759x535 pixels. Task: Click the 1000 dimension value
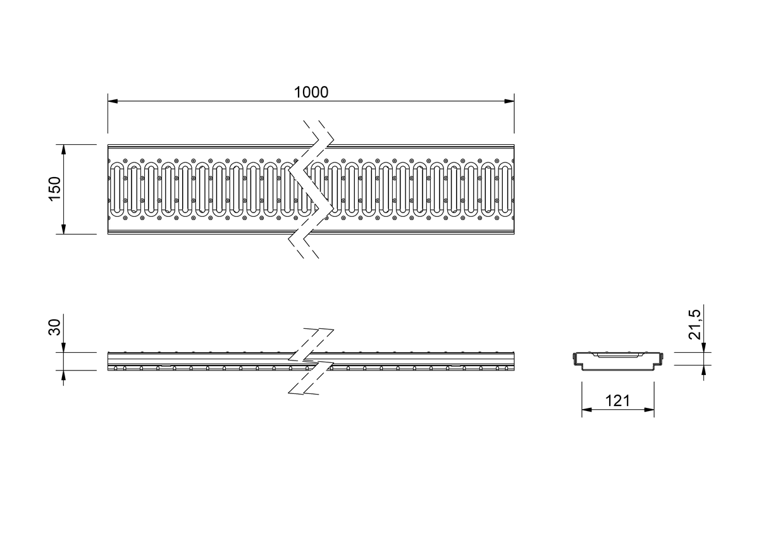coord(311,92)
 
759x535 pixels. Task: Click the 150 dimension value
coord(55,189)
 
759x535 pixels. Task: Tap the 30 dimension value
coord(55,327)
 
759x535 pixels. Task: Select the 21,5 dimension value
coord(694,324)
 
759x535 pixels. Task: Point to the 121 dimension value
coord(618,401)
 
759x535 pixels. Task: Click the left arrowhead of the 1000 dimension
coord(113,101)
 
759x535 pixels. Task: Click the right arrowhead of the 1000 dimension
coord(509,101)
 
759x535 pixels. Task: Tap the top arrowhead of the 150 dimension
coord(63,150)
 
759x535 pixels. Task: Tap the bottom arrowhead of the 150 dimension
coord(63,229)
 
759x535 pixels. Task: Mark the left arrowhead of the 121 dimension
coord(587,410)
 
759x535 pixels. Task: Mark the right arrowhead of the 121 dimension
coord(649,410)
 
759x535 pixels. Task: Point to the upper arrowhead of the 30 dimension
coord(63,347)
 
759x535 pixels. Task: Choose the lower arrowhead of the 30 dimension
coord(63,375)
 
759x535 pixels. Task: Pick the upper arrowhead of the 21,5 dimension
coord(704,347)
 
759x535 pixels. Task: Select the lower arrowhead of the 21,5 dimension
coord(704,370)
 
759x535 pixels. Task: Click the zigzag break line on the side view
coord(311,361)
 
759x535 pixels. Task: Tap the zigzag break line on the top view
coord(311,189)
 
